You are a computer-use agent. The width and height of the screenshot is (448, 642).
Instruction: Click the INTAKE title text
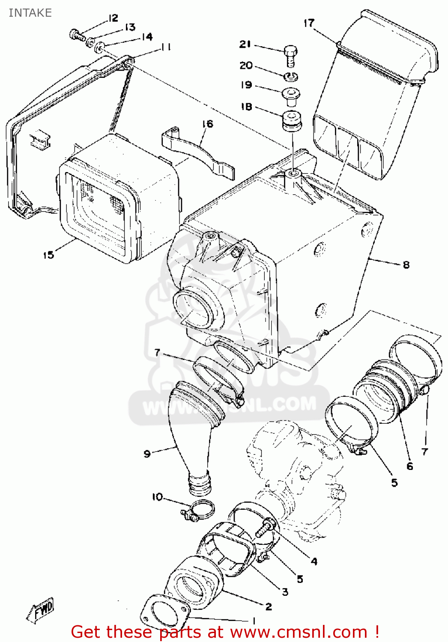pos(30,13)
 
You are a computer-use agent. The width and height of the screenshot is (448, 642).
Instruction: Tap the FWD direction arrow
pos(41,609)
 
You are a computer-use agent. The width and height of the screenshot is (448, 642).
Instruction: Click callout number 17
pos(309,23)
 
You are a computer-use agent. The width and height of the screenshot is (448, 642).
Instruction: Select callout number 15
pos(48,255)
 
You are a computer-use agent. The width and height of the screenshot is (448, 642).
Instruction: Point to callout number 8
pos(406,265)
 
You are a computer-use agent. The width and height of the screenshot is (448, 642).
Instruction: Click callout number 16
pos(207,124)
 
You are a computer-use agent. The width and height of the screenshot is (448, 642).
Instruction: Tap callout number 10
pos(157,497)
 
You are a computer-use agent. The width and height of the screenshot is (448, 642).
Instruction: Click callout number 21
pos(245,44)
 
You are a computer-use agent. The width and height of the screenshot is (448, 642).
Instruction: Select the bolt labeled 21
pos(290,55)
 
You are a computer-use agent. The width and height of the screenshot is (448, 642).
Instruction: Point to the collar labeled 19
pos(290,95)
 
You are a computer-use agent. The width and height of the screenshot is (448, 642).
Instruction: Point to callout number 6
pos(409,466)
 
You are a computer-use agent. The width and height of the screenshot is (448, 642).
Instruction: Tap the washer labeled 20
pos(291,77)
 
